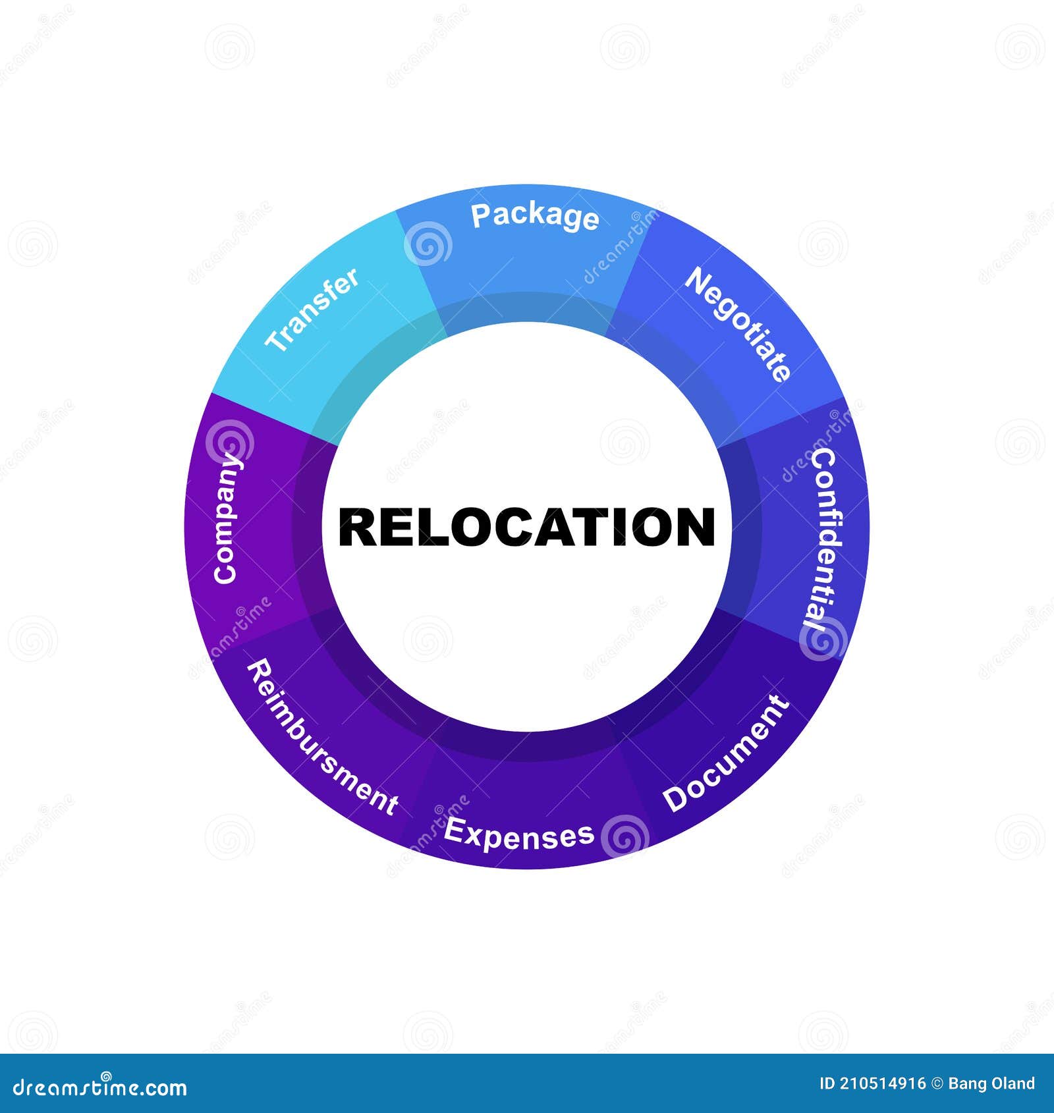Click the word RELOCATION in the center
coord(526,527)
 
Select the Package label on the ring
coord(535,217)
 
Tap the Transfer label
coord(312,309)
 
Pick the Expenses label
coord(519,833)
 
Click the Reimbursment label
coord(322,738)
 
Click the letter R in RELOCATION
coord(356,527)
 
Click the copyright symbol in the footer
coord(936,1083)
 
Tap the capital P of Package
coord(480,215)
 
